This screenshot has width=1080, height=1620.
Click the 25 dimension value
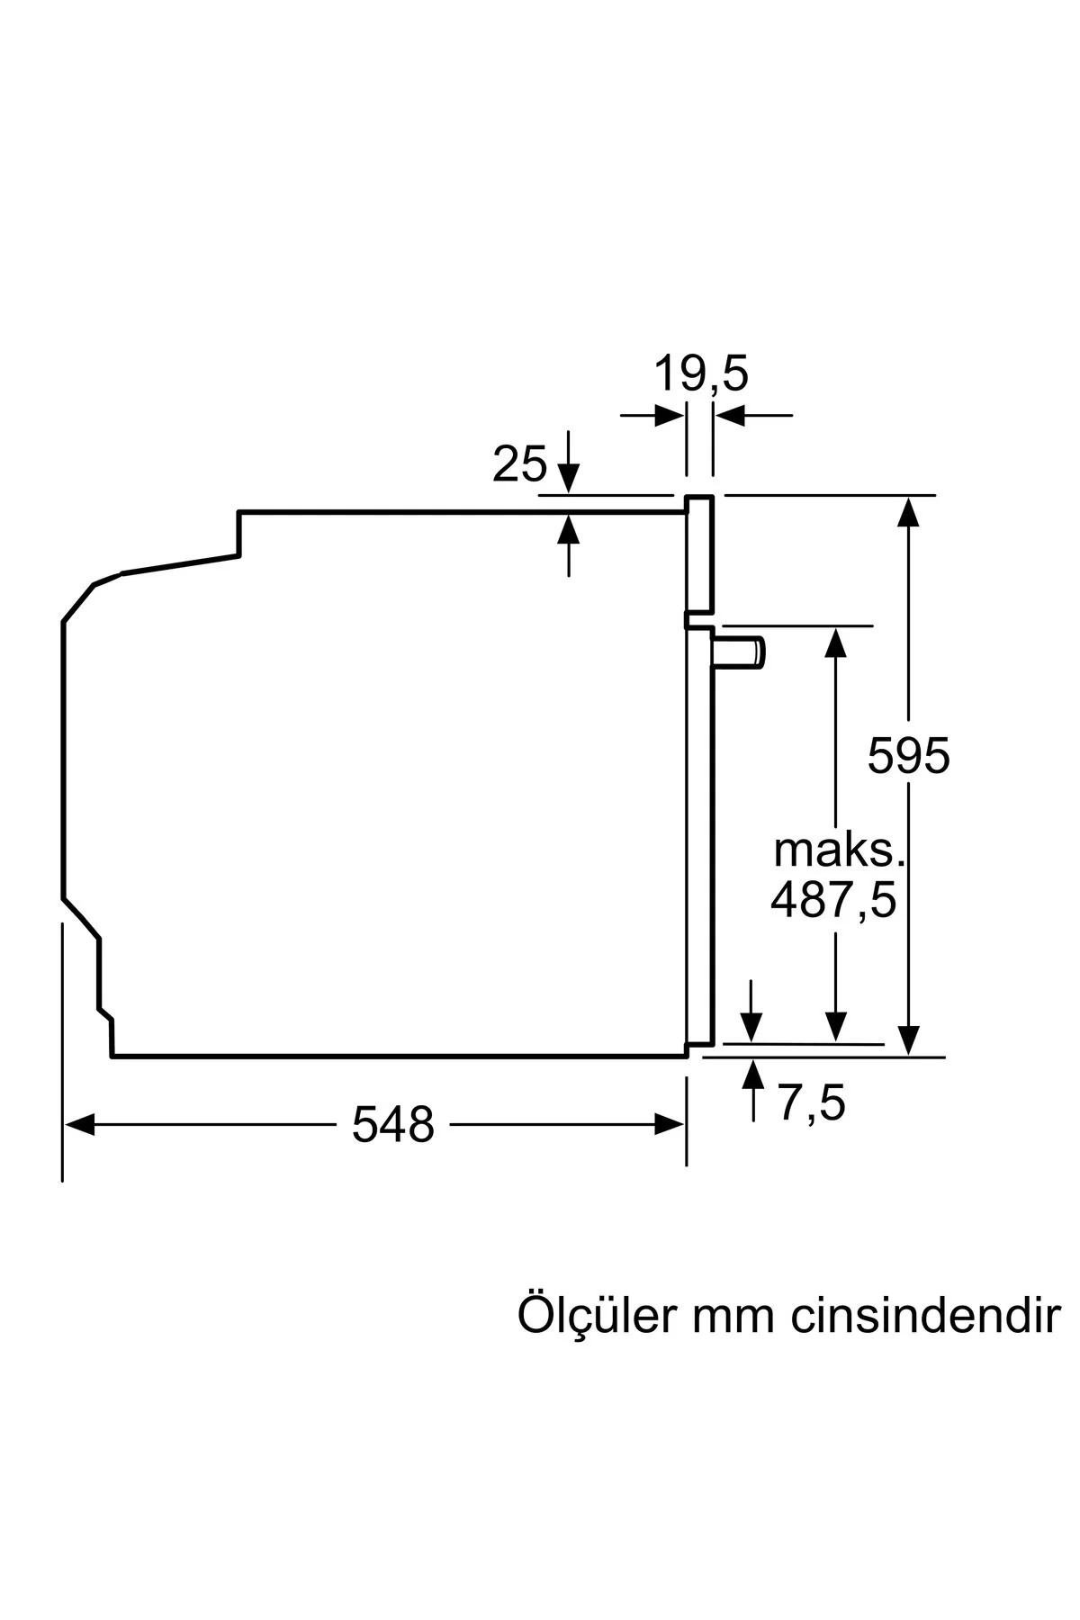[519, 464]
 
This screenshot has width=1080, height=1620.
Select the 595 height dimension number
[908, 755]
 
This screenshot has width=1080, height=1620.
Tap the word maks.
[838, 850]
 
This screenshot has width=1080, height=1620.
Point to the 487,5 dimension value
[833, 899]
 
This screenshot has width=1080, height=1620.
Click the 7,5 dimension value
[812, 1102]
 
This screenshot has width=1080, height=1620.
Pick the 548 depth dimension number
[393, 1124]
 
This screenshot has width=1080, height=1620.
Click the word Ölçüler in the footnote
[596, 1315]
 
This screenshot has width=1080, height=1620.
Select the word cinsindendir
[926, 1315]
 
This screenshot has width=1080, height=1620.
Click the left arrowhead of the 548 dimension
[79, 1124]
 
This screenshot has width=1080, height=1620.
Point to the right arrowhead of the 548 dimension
[670, 1124]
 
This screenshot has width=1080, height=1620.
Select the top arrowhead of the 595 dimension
[909, 510]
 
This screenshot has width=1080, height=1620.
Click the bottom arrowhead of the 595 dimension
[909, 1039]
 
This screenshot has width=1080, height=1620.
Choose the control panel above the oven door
[699, 551]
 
